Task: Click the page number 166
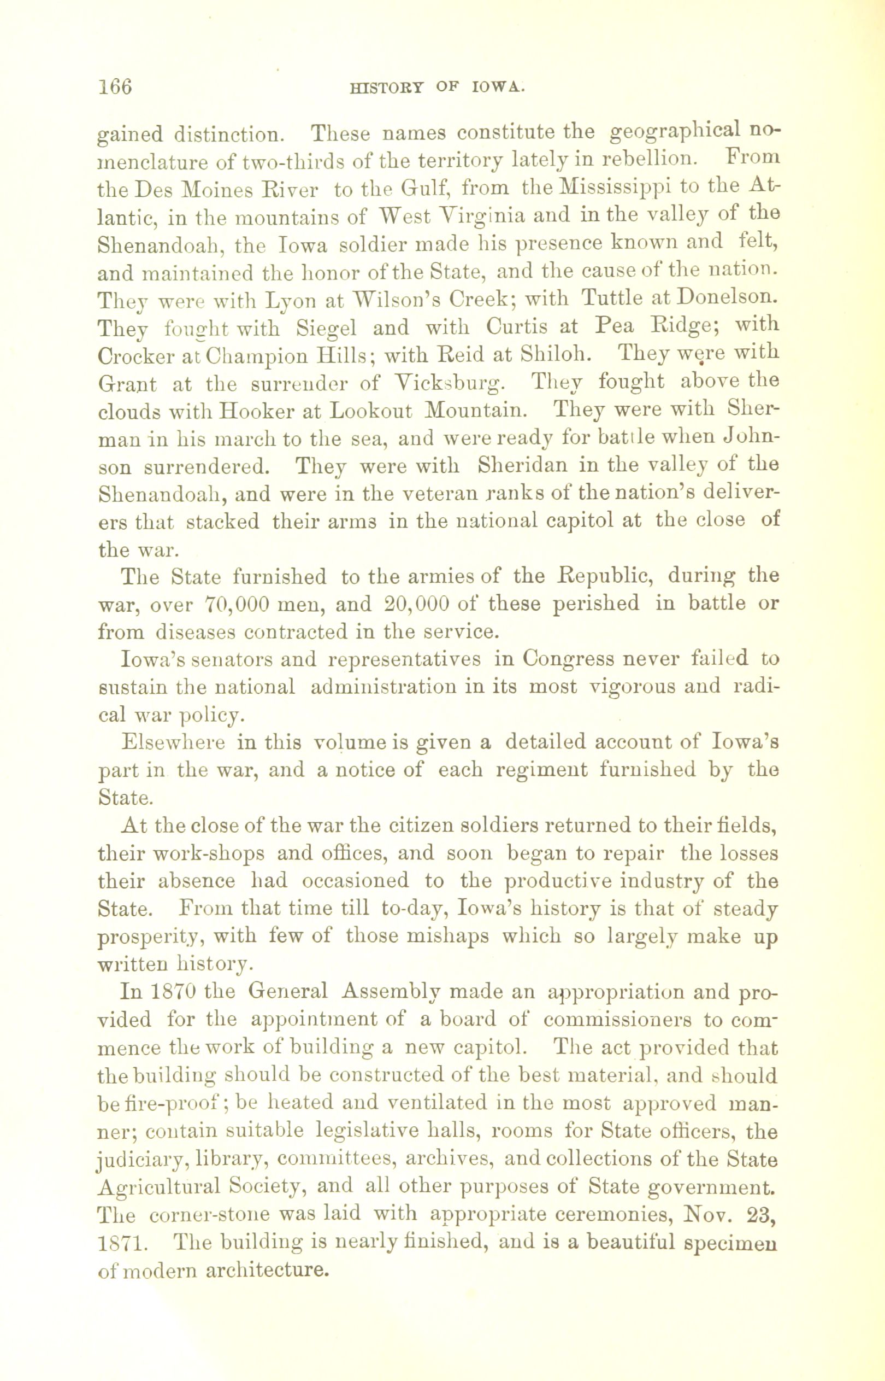pyautogui.click(x=115, y=87)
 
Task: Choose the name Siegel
pyautogui.click(x=327, y=327)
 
